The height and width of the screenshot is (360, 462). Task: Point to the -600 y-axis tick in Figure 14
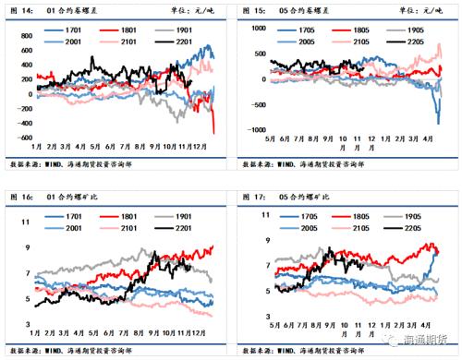coord(18,137)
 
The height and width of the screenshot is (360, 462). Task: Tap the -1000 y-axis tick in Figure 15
coord(248,129)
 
